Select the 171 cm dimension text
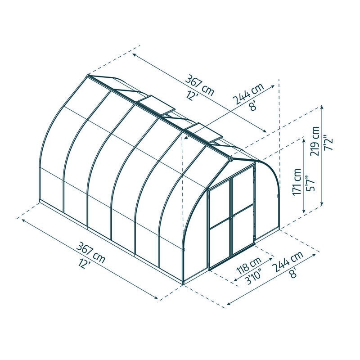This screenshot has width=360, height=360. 297,182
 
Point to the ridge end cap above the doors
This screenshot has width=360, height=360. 231,158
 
